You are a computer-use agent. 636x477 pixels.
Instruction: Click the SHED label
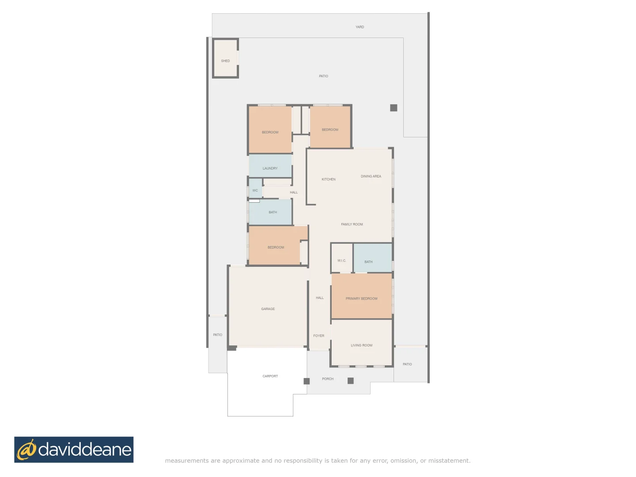click(x=225, y=61)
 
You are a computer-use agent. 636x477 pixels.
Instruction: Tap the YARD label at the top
click(x=360, y=27)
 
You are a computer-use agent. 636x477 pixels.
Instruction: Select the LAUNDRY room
click(x=270, y=168)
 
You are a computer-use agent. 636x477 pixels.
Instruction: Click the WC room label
click(x=255, y=190)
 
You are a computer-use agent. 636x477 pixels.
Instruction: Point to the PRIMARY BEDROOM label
click(x=361, y=299)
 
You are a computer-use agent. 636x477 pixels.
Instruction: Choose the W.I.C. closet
click(x=341, y=261)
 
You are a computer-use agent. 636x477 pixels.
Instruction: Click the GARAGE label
click(x=268, y=309)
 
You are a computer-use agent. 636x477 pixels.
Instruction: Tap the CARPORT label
click(x=270, y=376)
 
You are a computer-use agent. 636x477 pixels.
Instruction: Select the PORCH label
click(x=327, y=379)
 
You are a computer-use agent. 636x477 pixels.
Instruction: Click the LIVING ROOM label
click(x=361, y=345)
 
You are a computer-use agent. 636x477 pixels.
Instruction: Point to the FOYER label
click(x=318, y=336)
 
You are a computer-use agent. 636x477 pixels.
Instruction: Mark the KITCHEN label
click(x=328, y=179)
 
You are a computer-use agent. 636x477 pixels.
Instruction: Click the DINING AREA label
click(x=371, y=176)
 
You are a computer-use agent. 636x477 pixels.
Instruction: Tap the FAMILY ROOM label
click(x=352, y=224)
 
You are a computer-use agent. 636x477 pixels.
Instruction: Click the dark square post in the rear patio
click(x=394, y=108)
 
